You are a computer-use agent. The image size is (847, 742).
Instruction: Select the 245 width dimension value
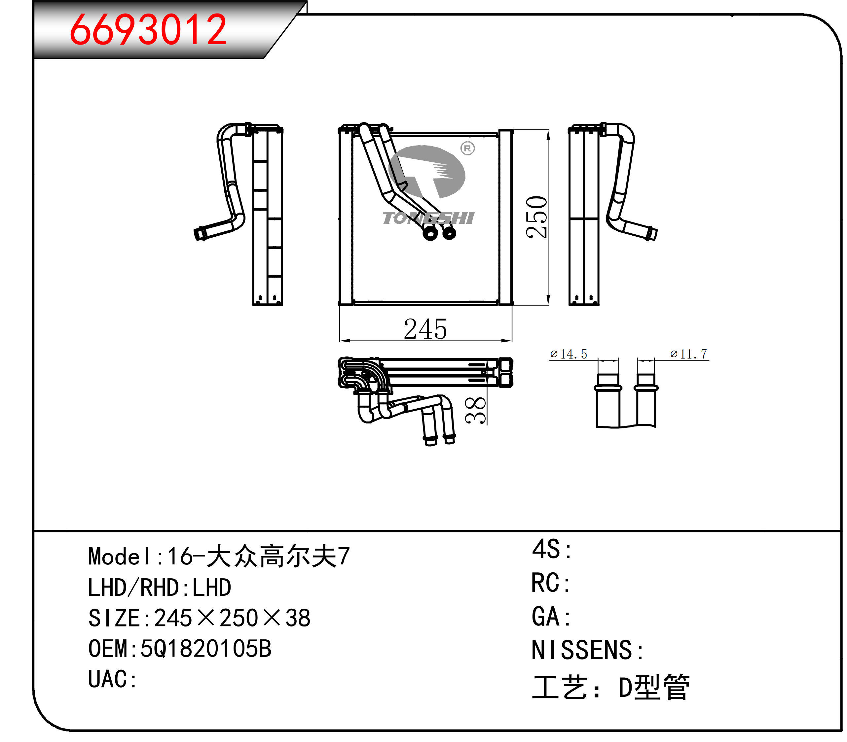point(425,329)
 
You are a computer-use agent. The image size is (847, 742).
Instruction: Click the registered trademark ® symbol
point(467,148)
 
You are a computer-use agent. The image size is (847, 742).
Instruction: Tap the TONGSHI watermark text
point(428,218)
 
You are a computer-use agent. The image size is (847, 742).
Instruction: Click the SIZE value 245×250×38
point(232,618)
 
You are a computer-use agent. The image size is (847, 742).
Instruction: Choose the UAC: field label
point(112,680)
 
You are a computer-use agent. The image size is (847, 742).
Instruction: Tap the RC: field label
point(551,583)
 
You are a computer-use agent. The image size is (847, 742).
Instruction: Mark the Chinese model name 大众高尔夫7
point(278,556)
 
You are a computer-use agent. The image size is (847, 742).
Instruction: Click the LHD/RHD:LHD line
point(160,588)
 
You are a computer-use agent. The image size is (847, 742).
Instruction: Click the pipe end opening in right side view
point(653,234)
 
